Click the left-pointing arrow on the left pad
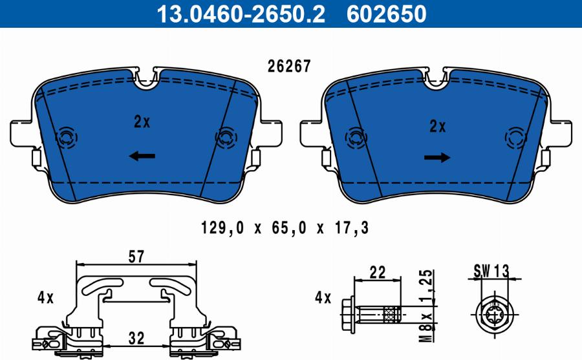pos(142,156)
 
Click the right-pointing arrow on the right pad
pos(437,158)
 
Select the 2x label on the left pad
pos(142,121)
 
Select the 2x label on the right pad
pos(438,127)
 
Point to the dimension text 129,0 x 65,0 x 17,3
pos(285,228)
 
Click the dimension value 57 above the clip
pos(136,257)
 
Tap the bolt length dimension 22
pos(378,273)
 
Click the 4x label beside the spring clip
pos(45,298)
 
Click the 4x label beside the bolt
pos(323,298)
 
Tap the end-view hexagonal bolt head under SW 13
pos(494,315)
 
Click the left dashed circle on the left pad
pos(66,136)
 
